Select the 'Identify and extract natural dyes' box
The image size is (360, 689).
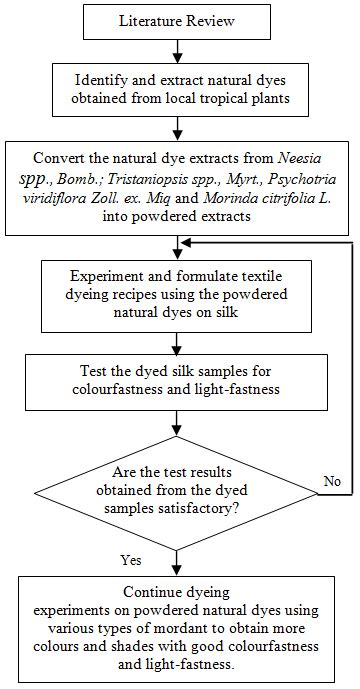point(177,88)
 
